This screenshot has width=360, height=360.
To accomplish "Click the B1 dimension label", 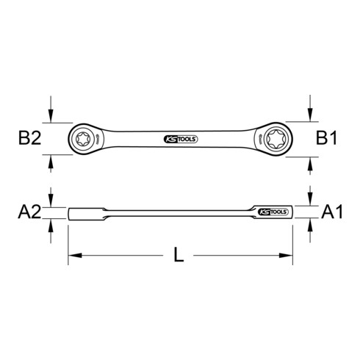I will [328, 137].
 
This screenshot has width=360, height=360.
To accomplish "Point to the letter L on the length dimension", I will [179, 257].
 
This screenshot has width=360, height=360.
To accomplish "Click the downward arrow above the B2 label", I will [50, 114].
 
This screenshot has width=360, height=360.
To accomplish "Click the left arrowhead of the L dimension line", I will [74, 256].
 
